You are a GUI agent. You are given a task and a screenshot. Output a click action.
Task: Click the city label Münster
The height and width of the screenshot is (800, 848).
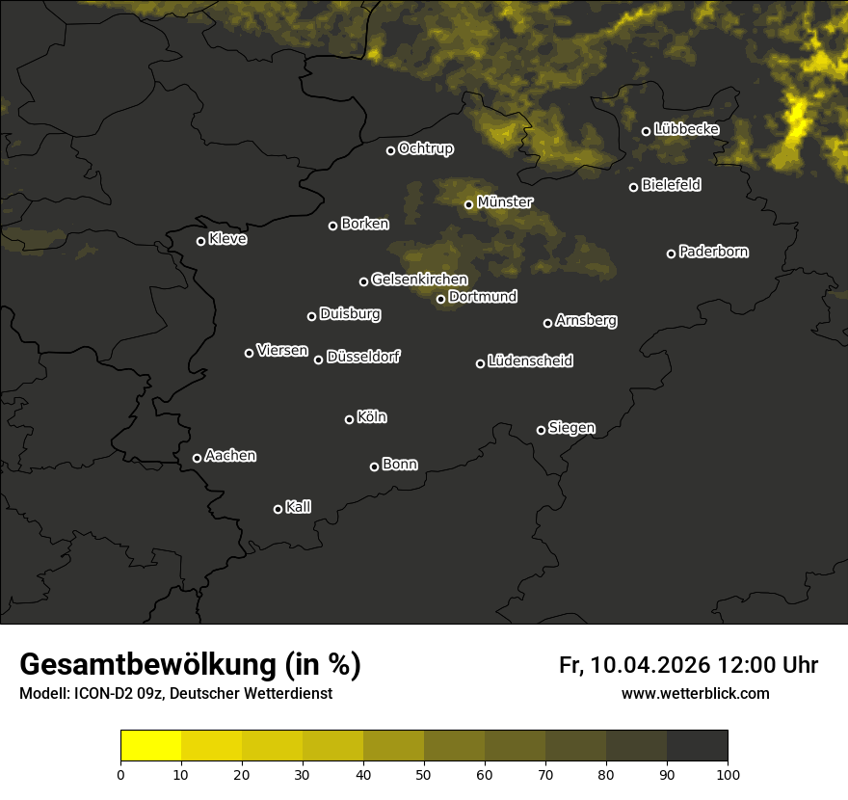point(505,202)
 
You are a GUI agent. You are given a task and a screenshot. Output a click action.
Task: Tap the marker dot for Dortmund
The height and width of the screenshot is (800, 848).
point(441,299)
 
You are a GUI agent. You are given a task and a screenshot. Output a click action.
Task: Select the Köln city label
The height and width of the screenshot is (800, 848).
point(372,417)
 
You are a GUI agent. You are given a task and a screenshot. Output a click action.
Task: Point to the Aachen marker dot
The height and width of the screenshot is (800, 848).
point(198,458)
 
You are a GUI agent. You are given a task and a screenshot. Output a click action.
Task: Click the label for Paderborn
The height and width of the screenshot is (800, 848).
point(714,252)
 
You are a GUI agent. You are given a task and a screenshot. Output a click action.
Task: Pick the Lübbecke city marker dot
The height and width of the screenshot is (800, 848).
point(647,131)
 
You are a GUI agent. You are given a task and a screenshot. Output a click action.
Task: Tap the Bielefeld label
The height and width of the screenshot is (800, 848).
point(671,185)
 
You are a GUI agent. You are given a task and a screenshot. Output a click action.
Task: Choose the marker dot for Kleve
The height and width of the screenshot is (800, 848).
point(201,241)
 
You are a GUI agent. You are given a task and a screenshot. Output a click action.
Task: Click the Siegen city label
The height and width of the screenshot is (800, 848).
point(571,428)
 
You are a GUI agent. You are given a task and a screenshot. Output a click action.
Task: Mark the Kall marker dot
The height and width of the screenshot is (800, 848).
point(278,509)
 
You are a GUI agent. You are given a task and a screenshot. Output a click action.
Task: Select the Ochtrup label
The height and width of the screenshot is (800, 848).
point(426,148)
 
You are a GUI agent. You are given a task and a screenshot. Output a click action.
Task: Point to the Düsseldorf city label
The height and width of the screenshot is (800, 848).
point(363,357)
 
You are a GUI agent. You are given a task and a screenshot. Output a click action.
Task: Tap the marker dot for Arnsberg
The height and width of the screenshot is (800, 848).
point(548,323)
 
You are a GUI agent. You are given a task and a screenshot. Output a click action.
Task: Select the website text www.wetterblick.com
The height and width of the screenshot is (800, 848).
point(696,693)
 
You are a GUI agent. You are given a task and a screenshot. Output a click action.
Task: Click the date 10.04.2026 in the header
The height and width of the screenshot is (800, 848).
point(650,665)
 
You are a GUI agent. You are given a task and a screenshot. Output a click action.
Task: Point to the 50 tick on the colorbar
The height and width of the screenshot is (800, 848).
point(424,773)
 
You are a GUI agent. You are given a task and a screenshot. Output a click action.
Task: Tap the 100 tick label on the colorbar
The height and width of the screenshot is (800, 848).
point(728,773)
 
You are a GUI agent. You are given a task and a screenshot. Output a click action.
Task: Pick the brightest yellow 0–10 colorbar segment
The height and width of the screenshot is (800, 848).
point(151,746)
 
